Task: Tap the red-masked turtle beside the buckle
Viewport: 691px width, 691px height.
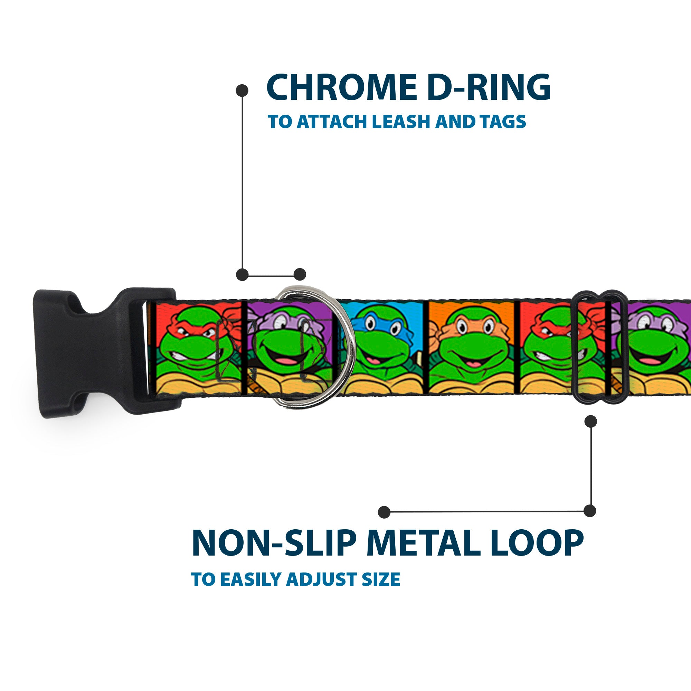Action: pos(195,343)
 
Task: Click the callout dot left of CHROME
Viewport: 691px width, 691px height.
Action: pos(242,90)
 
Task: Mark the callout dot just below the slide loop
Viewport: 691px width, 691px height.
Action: pos(590,421)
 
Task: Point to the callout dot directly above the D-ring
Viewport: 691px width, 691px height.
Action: pos(300,274)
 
